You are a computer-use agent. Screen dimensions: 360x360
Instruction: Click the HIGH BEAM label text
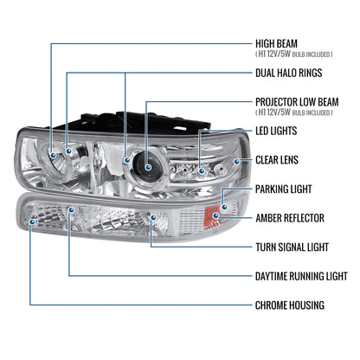[278, 41]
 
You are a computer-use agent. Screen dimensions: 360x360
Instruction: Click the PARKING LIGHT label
[285, 189]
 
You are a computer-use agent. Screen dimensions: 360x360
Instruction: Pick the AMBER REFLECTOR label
[291, 218]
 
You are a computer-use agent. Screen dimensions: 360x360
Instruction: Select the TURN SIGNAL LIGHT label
[292, 247]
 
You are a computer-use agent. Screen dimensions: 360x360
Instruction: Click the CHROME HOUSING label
[290, 305]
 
